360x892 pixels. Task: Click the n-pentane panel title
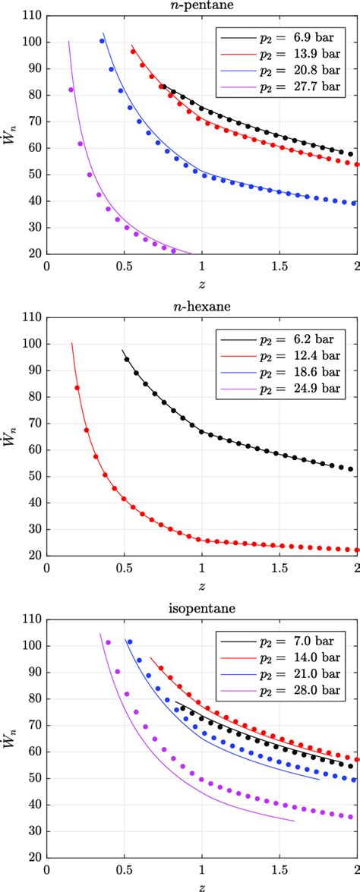coord(201,7)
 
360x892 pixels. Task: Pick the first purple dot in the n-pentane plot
coord(71,90)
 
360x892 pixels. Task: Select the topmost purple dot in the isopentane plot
coord(108,643)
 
